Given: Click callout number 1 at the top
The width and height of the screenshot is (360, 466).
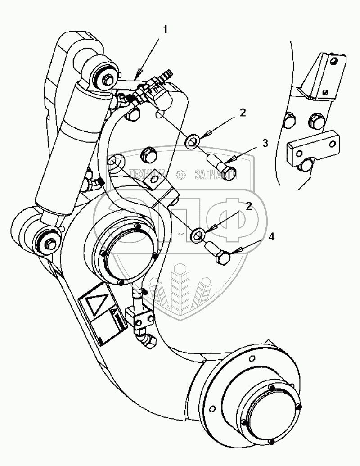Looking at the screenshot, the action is (165, 30).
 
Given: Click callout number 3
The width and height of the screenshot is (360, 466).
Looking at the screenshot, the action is (265, 144).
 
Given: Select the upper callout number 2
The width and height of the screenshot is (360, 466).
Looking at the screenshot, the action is (243, 113).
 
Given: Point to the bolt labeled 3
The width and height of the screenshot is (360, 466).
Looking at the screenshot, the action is (222, 167).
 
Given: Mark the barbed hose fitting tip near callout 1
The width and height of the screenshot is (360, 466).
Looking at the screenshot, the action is (169, 72).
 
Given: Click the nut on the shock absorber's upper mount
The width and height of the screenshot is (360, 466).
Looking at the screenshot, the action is (108, 80).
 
